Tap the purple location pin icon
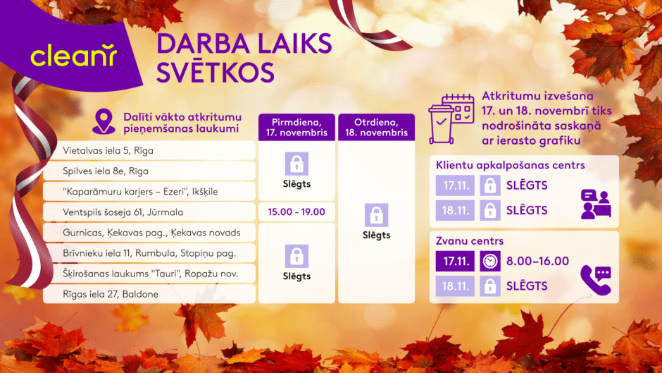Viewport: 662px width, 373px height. point(104,122)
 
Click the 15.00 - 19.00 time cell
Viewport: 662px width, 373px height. point(296,212)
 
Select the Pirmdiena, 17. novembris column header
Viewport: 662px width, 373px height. point(296,128)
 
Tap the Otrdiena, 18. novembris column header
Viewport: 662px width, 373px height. point(376,128)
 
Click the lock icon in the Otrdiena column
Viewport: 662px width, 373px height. point(376,215)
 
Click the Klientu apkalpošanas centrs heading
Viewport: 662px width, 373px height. point(511,166)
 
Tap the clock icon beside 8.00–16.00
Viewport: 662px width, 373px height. point(489,261)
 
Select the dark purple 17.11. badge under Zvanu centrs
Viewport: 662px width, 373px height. point(455,261)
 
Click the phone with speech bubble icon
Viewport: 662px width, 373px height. point(595,280)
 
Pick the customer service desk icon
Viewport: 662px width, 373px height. point(595,204)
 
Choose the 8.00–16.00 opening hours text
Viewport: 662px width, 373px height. point(537,261)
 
